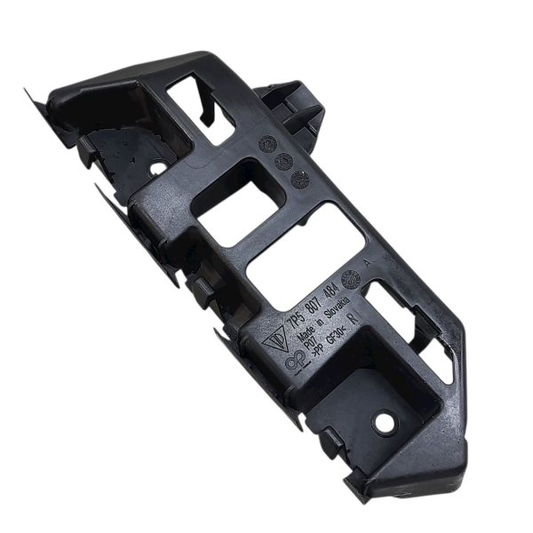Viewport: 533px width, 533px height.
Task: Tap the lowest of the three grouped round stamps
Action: (300, 179)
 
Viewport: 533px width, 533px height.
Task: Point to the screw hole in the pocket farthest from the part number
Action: (157, 166)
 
